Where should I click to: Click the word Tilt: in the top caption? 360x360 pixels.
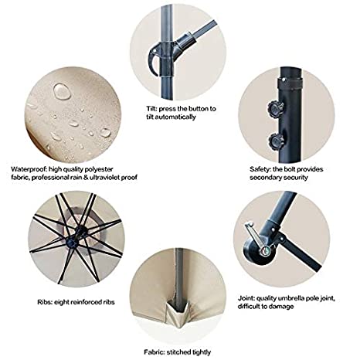tap(151, 109)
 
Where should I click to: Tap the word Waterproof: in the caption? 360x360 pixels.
tap(29, 169)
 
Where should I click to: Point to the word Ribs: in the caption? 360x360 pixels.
tap(45, 302)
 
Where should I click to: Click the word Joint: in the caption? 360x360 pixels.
tap(246, 298)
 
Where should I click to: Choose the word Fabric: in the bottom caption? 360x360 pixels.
tap(154, 352)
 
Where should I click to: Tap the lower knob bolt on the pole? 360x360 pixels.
tap(276, 141)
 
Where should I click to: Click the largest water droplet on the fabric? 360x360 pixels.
tap(62, 91)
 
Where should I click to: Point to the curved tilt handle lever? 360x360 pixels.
tap(154, 59)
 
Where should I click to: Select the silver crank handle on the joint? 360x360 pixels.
tap(256, 238)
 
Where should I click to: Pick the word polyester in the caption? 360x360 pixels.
tap(98, 170)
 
